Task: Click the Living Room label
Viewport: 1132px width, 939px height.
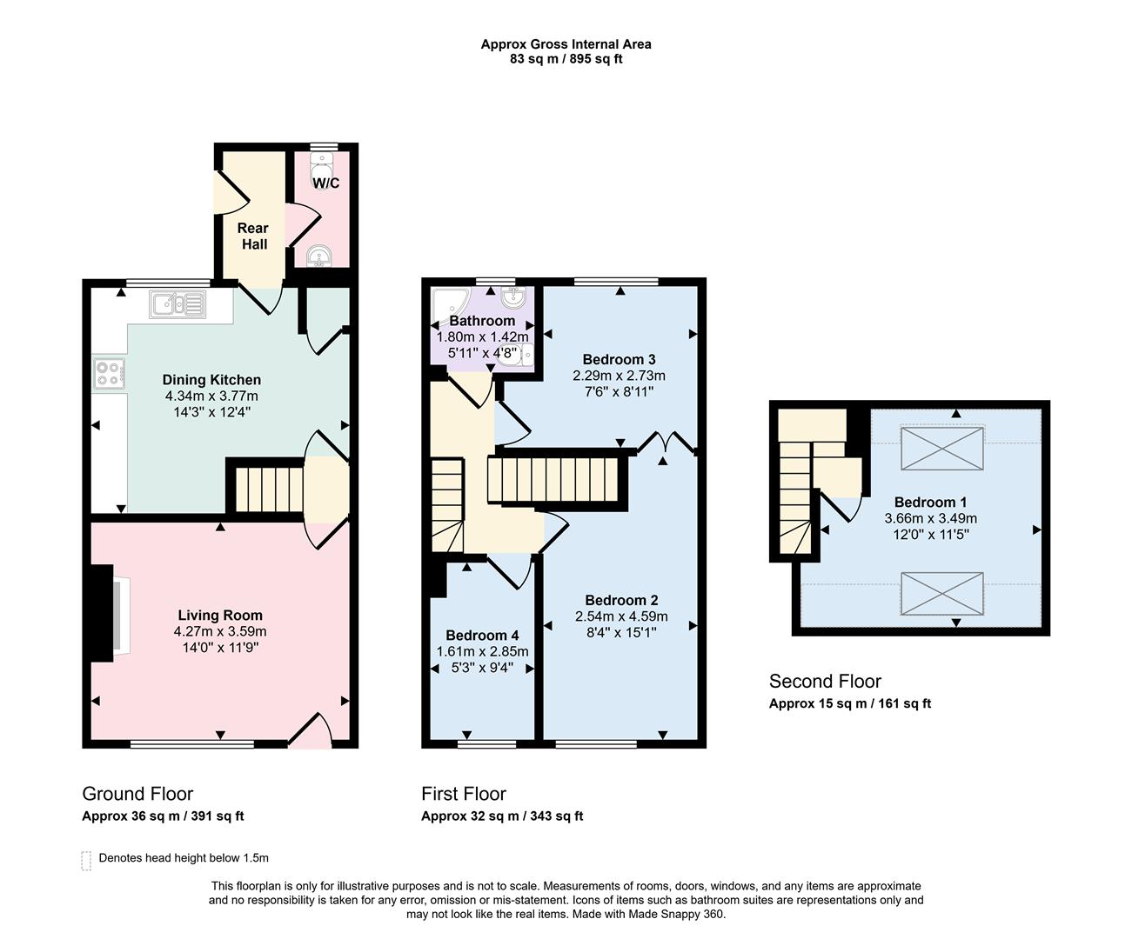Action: [x=220, y=615]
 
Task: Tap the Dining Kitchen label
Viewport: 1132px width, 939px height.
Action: [x=211, y=380]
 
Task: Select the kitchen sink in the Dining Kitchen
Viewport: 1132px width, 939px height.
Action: [x=178, y=304]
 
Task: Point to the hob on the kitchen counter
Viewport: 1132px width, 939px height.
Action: [x=109, y=373]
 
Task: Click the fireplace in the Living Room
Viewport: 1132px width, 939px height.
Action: [x=110, y=613]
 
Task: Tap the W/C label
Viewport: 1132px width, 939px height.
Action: [x=325, y=183]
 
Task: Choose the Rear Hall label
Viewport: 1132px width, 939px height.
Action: [x=253, y=236]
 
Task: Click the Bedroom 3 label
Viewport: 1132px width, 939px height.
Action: [x=620, y=359]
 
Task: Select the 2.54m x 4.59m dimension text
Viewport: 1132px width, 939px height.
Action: [x=621, y=616]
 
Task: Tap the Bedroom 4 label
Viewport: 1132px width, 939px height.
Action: [x=482, y=635]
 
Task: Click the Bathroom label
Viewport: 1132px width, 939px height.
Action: [x=482, y=321]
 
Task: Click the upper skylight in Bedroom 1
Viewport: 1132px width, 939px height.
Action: [x=942, y=448]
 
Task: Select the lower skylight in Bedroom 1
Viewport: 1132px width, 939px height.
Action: [x=942, y=593]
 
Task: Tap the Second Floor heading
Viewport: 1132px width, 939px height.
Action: [x=825, y=681]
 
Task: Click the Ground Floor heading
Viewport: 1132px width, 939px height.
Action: [x=137, y=794]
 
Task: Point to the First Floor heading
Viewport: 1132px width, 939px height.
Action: [x=464, y=794]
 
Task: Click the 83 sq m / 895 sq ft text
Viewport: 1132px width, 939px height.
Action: [x=566, y=59]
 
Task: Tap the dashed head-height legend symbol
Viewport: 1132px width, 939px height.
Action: [x=86, y=861]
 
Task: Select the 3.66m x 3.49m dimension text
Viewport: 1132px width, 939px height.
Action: [x=931, y=518]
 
